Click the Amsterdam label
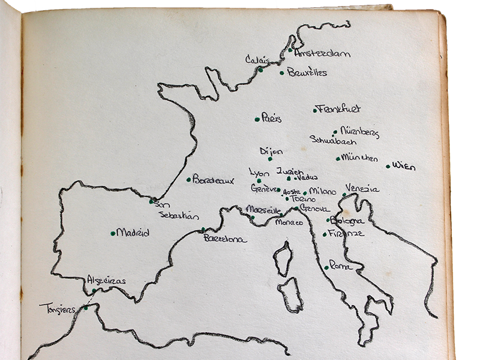(322, 53)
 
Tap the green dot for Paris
(257, 119)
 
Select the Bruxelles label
(307, 73)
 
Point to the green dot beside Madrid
(113, 233)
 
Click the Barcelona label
(225, 239)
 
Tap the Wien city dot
(388, 166)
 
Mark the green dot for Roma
(326, 267)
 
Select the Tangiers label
(57, 309)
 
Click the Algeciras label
(106, 280)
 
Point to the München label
(359, 158)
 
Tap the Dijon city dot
(270, 159)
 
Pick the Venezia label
(362, 188)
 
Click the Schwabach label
(333, 141)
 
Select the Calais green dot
(260, 70)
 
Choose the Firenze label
(346, 233)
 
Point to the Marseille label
(263, 209)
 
